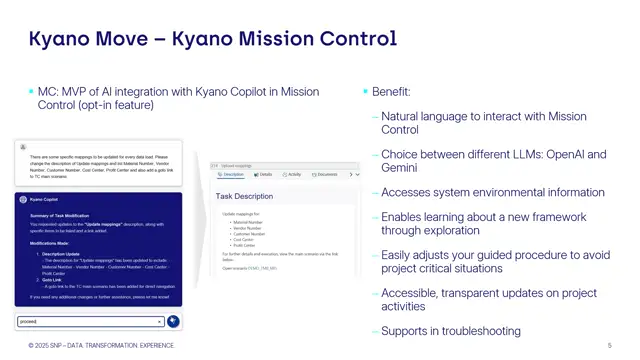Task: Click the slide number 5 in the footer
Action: pos(610,346)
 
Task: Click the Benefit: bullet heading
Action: pos(391,91)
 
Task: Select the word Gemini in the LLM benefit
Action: pos(401,168)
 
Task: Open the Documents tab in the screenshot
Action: pos(326,174)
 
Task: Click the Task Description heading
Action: pos(244,196)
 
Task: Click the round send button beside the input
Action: pos(173,321)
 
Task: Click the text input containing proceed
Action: pos(90,321)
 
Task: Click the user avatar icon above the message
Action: pos(23,147)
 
